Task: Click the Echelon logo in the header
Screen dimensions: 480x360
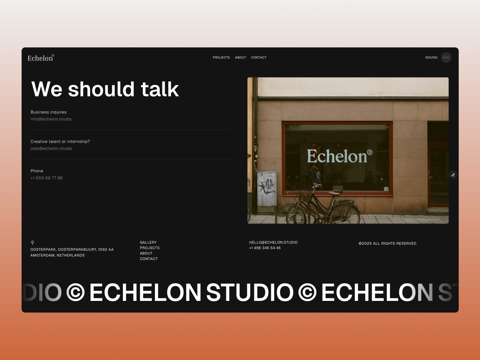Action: (41, 58)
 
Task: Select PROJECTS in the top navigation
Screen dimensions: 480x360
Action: (221, 58)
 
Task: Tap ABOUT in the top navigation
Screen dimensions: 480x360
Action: (240, 58)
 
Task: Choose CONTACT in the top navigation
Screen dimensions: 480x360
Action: (259, 58)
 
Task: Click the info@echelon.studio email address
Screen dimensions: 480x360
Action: (51, 119)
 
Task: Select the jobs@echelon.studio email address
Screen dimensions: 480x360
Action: (51, 148)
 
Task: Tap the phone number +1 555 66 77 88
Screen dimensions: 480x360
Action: (46, 178)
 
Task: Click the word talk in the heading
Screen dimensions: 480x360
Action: (160, 89)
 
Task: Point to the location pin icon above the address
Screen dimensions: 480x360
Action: (33, 242)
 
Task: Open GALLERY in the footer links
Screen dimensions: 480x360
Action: (148, 242)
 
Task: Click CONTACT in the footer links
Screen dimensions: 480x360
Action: (149, 259)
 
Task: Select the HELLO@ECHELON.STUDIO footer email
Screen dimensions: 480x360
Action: (273, 242)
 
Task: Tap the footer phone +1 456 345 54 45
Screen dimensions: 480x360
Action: (265, 248)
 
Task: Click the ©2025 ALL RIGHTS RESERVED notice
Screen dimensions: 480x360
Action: (387, 244)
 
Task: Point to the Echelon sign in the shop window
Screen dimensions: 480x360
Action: (340, 156)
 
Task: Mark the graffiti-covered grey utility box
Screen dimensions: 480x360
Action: (267, 189)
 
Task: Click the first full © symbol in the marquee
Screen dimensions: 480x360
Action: (75, 292)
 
